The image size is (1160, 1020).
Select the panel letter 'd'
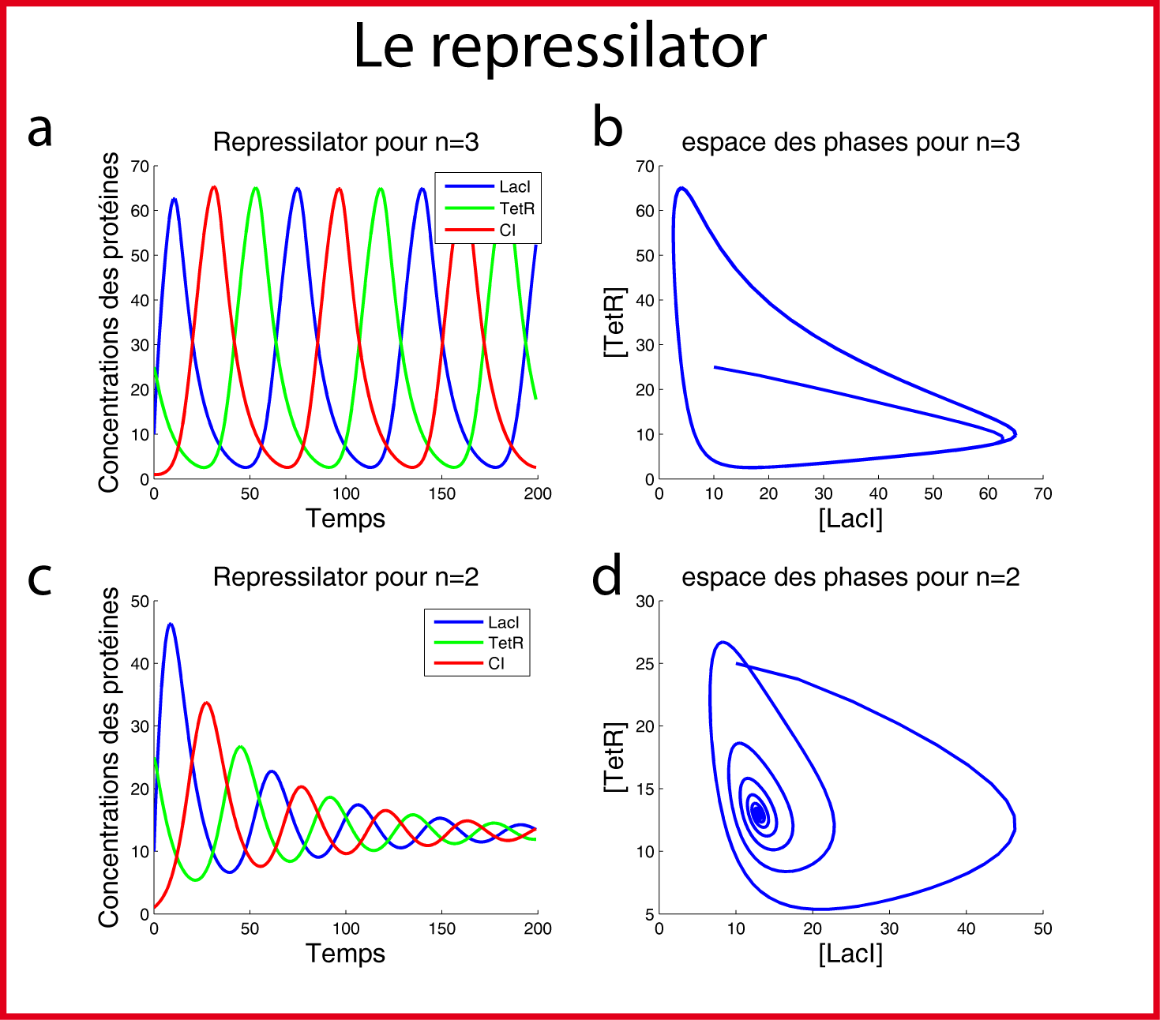coord(606,576)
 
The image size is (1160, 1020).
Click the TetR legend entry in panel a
coord(516,208)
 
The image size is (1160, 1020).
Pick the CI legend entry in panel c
coord(496,664)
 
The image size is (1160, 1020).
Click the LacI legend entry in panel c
coord(503,622)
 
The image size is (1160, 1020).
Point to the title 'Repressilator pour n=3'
coord(346,142)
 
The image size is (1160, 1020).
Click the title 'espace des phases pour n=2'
coord(850,577)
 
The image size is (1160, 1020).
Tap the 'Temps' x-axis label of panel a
coord(345,519)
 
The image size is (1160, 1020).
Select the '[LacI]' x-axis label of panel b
coord(850,519)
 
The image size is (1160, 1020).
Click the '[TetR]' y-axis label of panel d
coord(614,758)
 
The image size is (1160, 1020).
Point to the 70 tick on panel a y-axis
coord(140,167)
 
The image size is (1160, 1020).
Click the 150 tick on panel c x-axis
coord(441,929)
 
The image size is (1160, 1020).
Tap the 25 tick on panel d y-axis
coord(645,664)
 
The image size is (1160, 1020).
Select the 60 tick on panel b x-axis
coord(988,494)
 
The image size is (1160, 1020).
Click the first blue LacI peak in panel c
coord(170,624)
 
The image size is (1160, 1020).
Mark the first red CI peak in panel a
coord(214,187)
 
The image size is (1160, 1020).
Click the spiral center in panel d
coord(758,813)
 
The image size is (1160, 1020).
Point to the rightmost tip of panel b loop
coord(1015,433)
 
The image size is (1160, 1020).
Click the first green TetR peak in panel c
coord(241,746)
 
